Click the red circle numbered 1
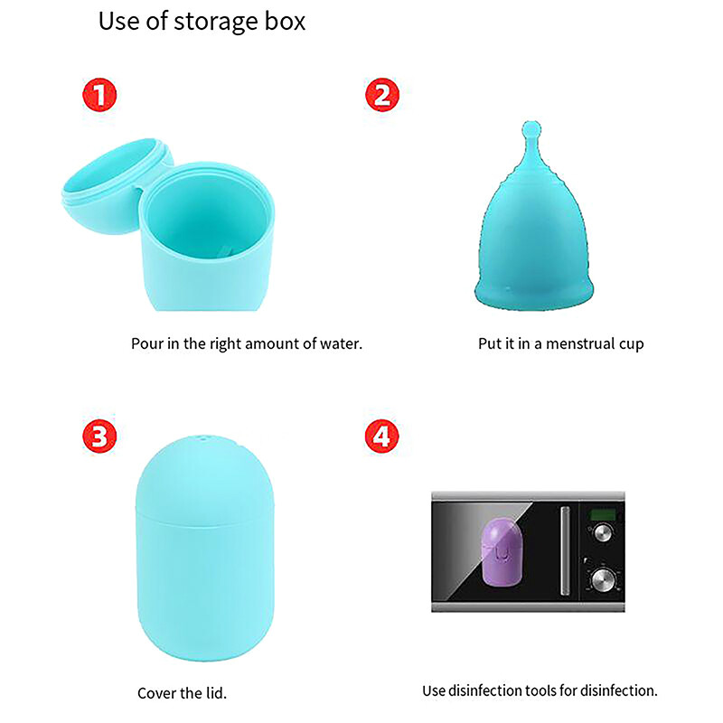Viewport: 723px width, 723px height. (x=99, y=95)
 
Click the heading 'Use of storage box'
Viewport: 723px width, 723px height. (x=202, y=22)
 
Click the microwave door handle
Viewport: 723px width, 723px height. (x=565, y=551)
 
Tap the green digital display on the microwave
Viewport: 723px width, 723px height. (x=600, y=515)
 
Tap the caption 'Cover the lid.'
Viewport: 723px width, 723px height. (x=182, y=693)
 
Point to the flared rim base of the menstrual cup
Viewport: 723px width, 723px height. (x=534, y=295)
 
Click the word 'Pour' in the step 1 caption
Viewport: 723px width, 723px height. (x=146, y=344)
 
